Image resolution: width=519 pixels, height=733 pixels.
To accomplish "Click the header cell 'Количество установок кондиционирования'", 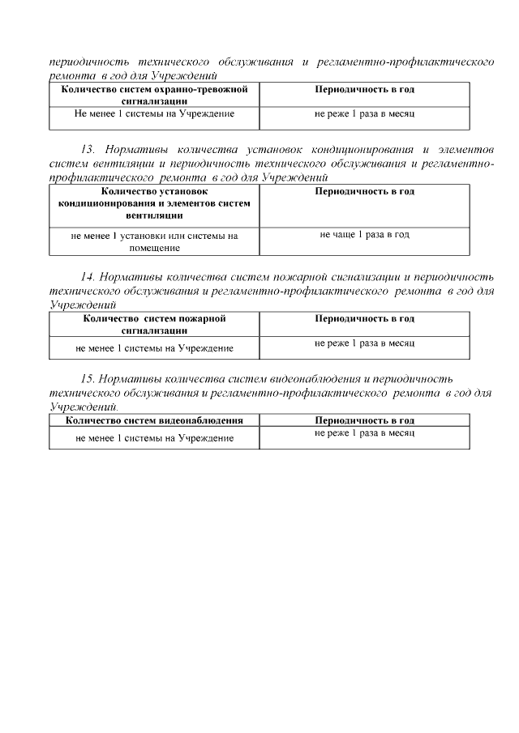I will click(x=154, y=203).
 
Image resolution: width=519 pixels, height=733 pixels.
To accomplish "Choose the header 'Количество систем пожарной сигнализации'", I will click(x=154, y=324).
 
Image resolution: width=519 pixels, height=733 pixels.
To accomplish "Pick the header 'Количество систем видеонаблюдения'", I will click(x=154, y=420).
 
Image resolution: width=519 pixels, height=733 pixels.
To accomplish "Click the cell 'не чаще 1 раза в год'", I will click(x=364, y=234).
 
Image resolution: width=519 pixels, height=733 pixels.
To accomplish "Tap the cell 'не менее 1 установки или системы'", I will click(x=154, y=236).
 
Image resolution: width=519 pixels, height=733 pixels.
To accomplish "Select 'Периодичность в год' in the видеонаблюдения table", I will click(x=364, y=420).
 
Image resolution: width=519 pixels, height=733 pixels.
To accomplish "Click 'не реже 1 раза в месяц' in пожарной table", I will click(x=364, y=343).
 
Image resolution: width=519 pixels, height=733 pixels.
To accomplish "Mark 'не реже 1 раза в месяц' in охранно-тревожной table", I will click(x=364, y=114).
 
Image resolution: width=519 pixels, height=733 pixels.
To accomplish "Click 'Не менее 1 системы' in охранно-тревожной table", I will click(x=154, y=114).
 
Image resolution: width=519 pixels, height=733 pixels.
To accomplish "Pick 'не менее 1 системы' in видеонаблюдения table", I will click(x=154, y=437).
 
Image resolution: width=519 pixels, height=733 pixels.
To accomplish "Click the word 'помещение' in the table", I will click(x=154, y=248).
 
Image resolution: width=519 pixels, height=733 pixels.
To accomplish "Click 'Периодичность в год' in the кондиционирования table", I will click(x=364, y=191).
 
